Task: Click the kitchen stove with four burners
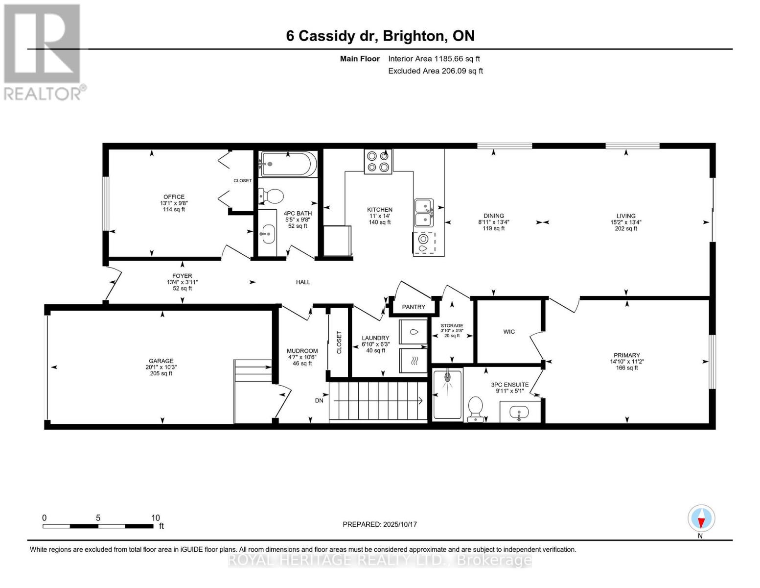[378, 162]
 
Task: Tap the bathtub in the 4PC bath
[288, 164]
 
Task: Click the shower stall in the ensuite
[447, 395]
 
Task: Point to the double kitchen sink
[424, 212]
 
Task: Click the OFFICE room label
[174, 197]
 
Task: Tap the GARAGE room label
[161, 361]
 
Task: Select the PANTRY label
[414, 307]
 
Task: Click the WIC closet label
[509, 332]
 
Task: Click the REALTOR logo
[43, 52]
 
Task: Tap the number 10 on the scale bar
[155, 518]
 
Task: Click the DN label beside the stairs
[319, 400]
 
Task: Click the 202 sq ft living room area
[626, 229]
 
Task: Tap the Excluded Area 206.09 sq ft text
[435, 71]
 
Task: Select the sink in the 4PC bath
[267, 233]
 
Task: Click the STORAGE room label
[451, 325]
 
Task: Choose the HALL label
[303, 282]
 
